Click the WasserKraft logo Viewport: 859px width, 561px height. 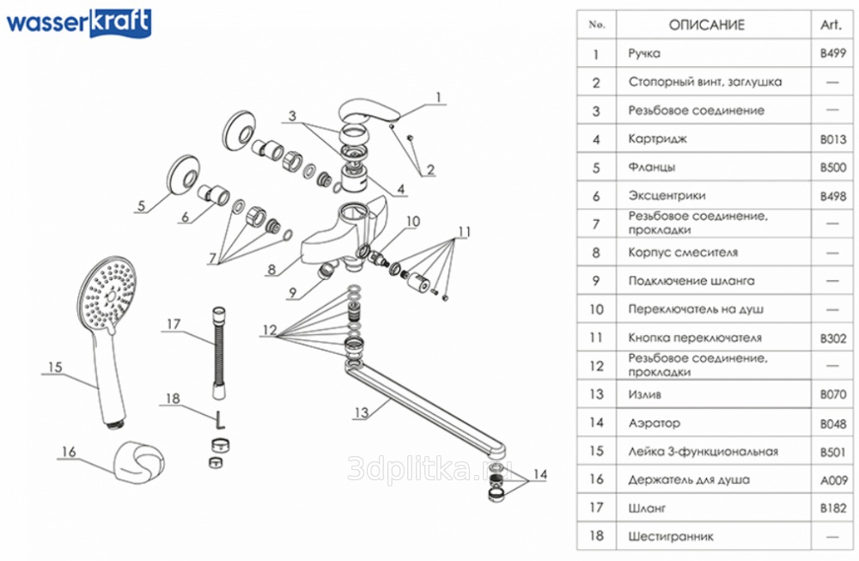[79, 23]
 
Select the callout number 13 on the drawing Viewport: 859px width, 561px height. [361, 412]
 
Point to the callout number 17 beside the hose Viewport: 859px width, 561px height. [174, 324]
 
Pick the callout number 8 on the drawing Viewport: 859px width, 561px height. [271, 269]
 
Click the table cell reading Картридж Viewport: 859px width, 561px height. [657, 138]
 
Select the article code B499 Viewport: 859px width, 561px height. [833, 53]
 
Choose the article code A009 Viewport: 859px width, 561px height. [833, 479]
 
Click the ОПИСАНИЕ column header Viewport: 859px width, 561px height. [706, 25]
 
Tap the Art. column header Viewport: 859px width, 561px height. [831, 25]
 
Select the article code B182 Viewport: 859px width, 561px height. [833, 508]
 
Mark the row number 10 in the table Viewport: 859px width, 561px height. [596, 309]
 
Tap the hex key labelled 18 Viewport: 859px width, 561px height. [219, 422]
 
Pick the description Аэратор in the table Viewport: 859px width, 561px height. [654, 423]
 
